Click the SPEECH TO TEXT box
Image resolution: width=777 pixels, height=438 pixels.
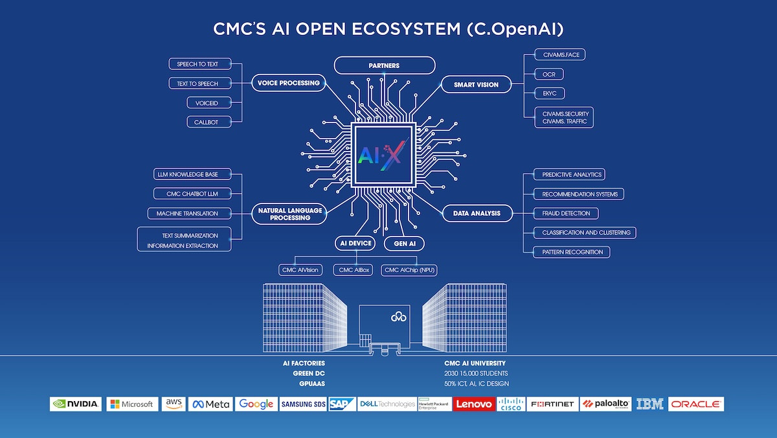point(198,64)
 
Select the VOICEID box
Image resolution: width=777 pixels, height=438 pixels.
point(202,102)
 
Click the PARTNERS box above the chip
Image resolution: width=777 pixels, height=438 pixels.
point(384,65)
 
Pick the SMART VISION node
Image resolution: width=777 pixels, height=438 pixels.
point(476,84)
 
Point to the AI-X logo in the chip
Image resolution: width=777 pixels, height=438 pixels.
point(382,155)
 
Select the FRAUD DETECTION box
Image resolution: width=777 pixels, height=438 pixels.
point(566,213)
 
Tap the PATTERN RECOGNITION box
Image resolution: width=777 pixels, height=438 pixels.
point(572,251)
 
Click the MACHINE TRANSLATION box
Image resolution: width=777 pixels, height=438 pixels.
point(187,213)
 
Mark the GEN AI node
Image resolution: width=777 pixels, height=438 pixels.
point(403,244)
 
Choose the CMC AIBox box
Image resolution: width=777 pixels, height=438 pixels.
point(353,270)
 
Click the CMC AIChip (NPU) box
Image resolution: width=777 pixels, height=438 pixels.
point(409,270)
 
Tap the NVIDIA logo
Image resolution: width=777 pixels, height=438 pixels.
point(76,404)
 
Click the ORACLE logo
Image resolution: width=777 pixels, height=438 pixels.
point(696,404)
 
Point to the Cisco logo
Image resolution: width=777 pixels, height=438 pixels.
point(512,404)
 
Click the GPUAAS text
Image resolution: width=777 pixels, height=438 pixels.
point(312,384)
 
